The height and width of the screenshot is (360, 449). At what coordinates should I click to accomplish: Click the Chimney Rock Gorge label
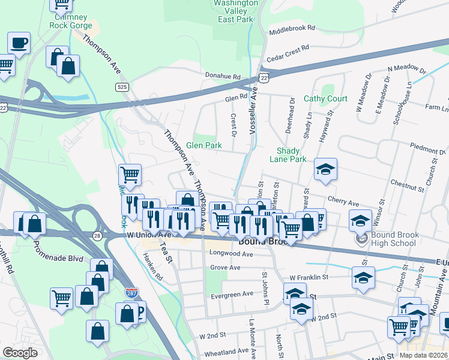click(71, 21)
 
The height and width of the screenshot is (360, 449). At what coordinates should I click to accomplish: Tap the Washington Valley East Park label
click(235, 11)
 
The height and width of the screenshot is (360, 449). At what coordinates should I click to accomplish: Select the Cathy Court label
click(325, 98)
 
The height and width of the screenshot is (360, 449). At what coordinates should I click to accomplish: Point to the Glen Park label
click(203, 145)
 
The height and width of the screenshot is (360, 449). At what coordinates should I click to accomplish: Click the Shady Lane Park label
click(291, 155)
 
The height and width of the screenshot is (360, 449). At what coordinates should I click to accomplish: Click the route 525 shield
click(122, 88)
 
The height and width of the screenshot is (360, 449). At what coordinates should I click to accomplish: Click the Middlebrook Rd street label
click(292, 28)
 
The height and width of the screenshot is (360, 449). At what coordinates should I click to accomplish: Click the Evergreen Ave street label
click(232, 295)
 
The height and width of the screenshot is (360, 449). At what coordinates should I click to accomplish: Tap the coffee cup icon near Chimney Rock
click(19, 43)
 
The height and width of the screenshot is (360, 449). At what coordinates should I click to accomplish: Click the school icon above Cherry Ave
click(325, 170)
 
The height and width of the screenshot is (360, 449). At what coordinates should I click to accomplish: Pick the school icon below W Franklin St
click(364, 278)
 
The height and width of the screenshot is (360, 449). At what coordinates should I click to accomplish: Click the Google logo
click(20, 353)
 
